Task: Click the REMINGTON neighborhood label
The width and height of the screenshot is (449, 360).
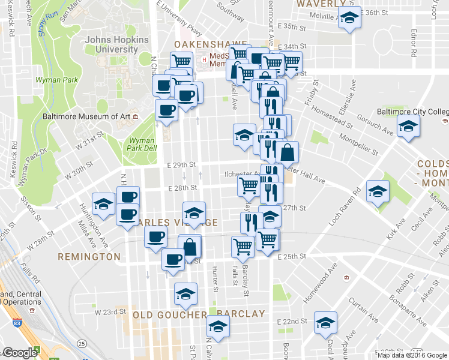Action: [89, 256]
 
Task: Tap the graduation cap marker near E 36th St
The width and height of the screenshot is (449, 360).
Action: [349, 19]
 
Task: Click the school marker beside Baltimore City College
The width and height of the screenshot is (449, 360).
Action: [409, 127]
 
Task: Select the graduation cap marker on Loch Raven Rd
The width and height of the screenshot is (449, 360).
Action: [378, 192]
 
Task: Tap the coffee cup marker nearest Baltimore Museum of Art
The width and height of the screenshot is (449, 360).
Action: [166, 110]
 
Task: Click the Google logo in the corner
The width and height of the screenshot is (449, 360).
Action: [20, 353]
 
